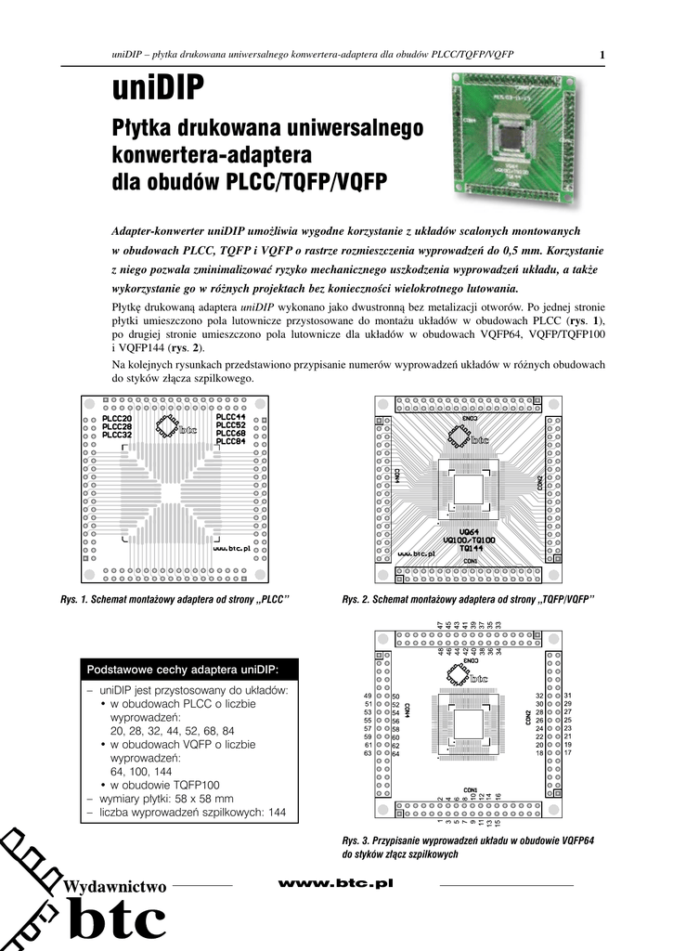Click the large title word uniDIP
pyautogui.click(x=158, y=90)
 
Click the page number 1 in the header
pyautogui.click(x=602, y=55)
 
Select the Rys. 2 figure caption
pyautogui.click(x=468, y=600)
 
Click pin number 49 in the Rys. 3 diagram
pyautogui.click(x=368, y=696)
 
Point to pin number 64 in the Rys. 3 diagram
pyautogui.click(x=395, y=754)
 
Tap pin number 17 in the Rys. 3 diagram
pyautogui.click(x=568, y=753)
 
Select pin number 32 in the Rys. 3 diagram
pyautogui.click(x=539, y=696)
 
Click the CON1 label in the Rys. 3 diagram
pyautogui.click(x=471, y=790)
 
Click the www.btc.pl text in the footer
pyautogui.click(x=336, y=883)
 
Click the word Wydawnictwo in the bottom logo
pyautogui.click(x=116, y=888)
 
